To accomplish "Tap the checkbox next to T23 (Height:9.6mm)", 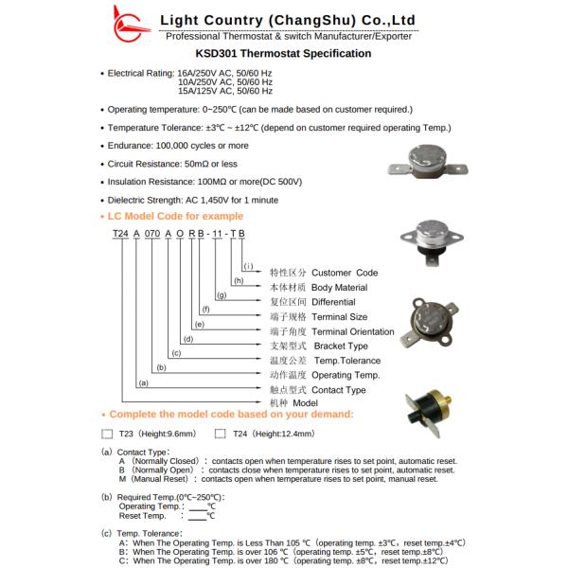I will [x=107, y=435].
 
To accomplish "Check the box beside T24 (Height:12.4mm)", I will [x=221, y=435].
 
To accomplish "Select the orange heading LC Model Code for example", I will [x=176, y=217].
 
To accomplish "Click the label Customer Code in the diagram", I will [x=345, y=273].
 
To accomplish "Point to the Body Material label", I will [x=339, y=288].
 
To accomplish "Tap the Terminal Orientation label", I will [x=353, y=332].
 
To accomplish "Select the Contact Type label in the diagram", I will [x=339, y=390].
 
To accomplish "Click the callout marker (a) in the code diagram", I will [x=143, y=383].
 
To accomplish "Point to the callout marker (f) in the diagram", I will [x=204, y=311].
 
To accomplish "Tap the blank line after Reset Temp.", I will [x=197, y=517].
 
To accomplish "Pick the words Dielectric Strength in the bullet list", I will [x=147, y=200].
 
